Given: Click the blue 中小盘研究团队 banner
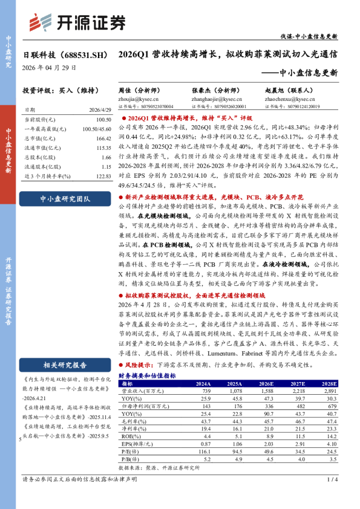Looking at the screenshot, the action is [65, 198].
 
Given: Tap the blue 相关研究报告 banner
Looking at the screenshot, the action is [65, 365].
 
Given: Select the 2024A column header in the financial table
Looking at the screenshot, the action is [203, 383].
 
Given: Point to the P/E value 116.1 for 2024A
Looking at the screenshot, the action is [203, 450].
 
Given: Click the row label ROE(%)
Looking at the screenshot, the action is [130, 435].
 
